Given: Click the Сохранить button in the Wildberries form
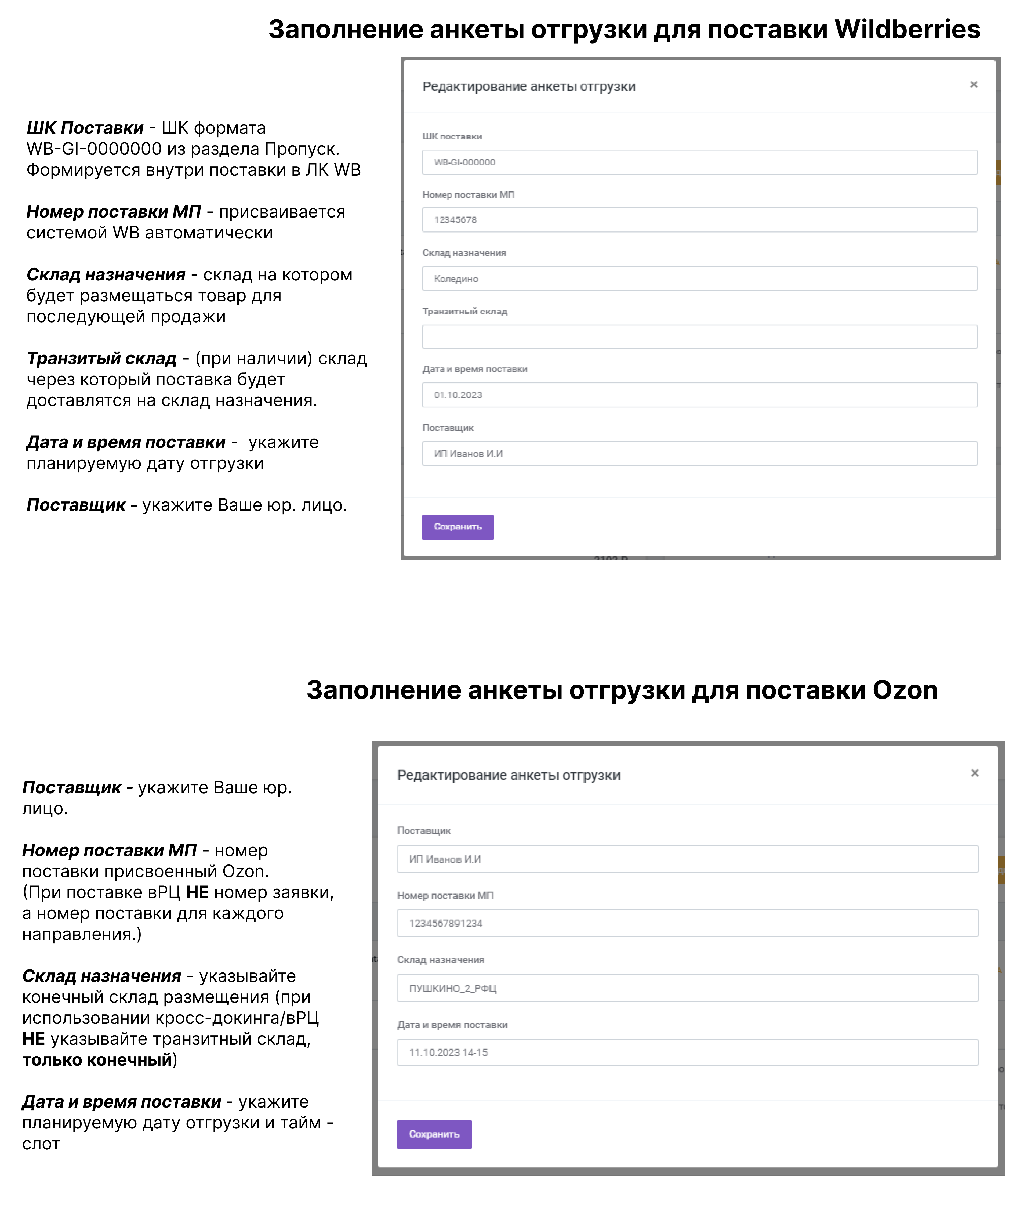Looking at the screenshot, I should tap(457, 527).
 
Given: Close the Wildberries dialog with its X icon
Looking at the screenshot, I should tap(974, 85).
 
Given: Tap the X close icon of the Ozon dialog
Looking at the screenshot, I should tap(975, 773).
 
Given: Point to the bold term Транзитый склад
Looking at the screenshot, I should tap(101, 359).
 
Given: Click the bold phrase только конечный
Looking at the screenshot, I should tap(97, 1059).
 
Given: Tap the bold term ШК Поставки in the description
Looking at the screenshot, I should tap(85, 128).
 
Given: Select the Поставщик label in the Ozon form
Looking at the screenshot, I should tap(424, 831).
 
